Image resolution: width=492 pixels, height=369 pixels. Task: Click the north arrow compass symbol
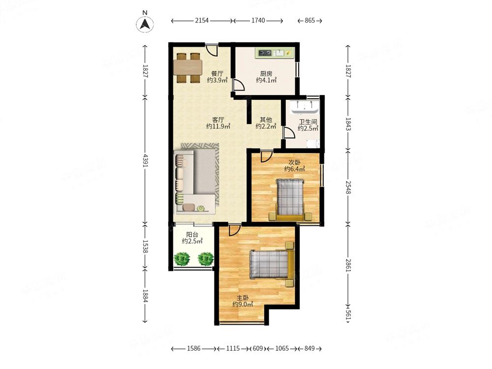tap(145, 24)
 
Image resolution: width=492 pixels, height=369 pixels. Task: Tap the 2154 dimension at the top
tap(202, 21)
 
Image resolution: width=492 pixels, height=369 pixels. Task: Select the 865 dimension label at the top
tap(309, 21)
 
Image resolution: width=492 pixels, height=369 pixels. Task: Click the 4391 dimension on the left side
tap(145, 160)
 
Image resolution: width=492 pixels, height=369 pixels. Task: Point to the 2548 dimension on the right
tap(348, 187)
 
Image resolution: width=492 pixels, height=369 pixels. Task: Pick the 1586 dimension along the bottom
tap(194, 348)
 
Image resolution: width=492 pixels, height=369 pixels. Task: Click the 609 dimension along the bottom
tap(258, 348)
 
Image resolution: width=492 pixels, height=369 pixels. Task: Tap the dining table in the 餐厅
tap(188, 68)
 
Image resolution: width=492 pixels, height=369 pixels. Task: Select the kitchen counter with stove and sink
tap(275, 53)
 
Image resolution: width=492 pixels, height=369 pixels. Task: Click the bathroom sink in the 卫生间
tap(305, 107)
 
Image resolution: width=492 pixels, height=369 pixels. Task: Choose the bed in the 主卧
tap(272, 264)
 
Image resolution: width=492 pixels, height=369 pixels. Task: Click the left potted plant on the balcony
tap(182, 259)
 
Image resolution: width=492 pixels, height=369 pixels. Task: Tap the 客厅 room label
tap(218, 120)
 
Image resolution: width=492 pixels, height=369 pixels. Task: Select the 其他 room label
tap(266, 120)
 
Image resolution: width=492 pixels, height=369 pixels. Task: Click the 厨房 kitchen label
tap(266, 74)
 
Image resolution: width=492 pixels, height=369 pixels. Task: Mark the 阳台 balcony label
tap(192, 234)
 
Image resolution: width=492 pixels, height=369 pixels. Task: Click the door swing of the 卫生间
tap(289, 132)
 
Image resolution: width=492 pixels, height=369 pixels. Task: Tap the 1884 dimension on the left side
tap(145, 295)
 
